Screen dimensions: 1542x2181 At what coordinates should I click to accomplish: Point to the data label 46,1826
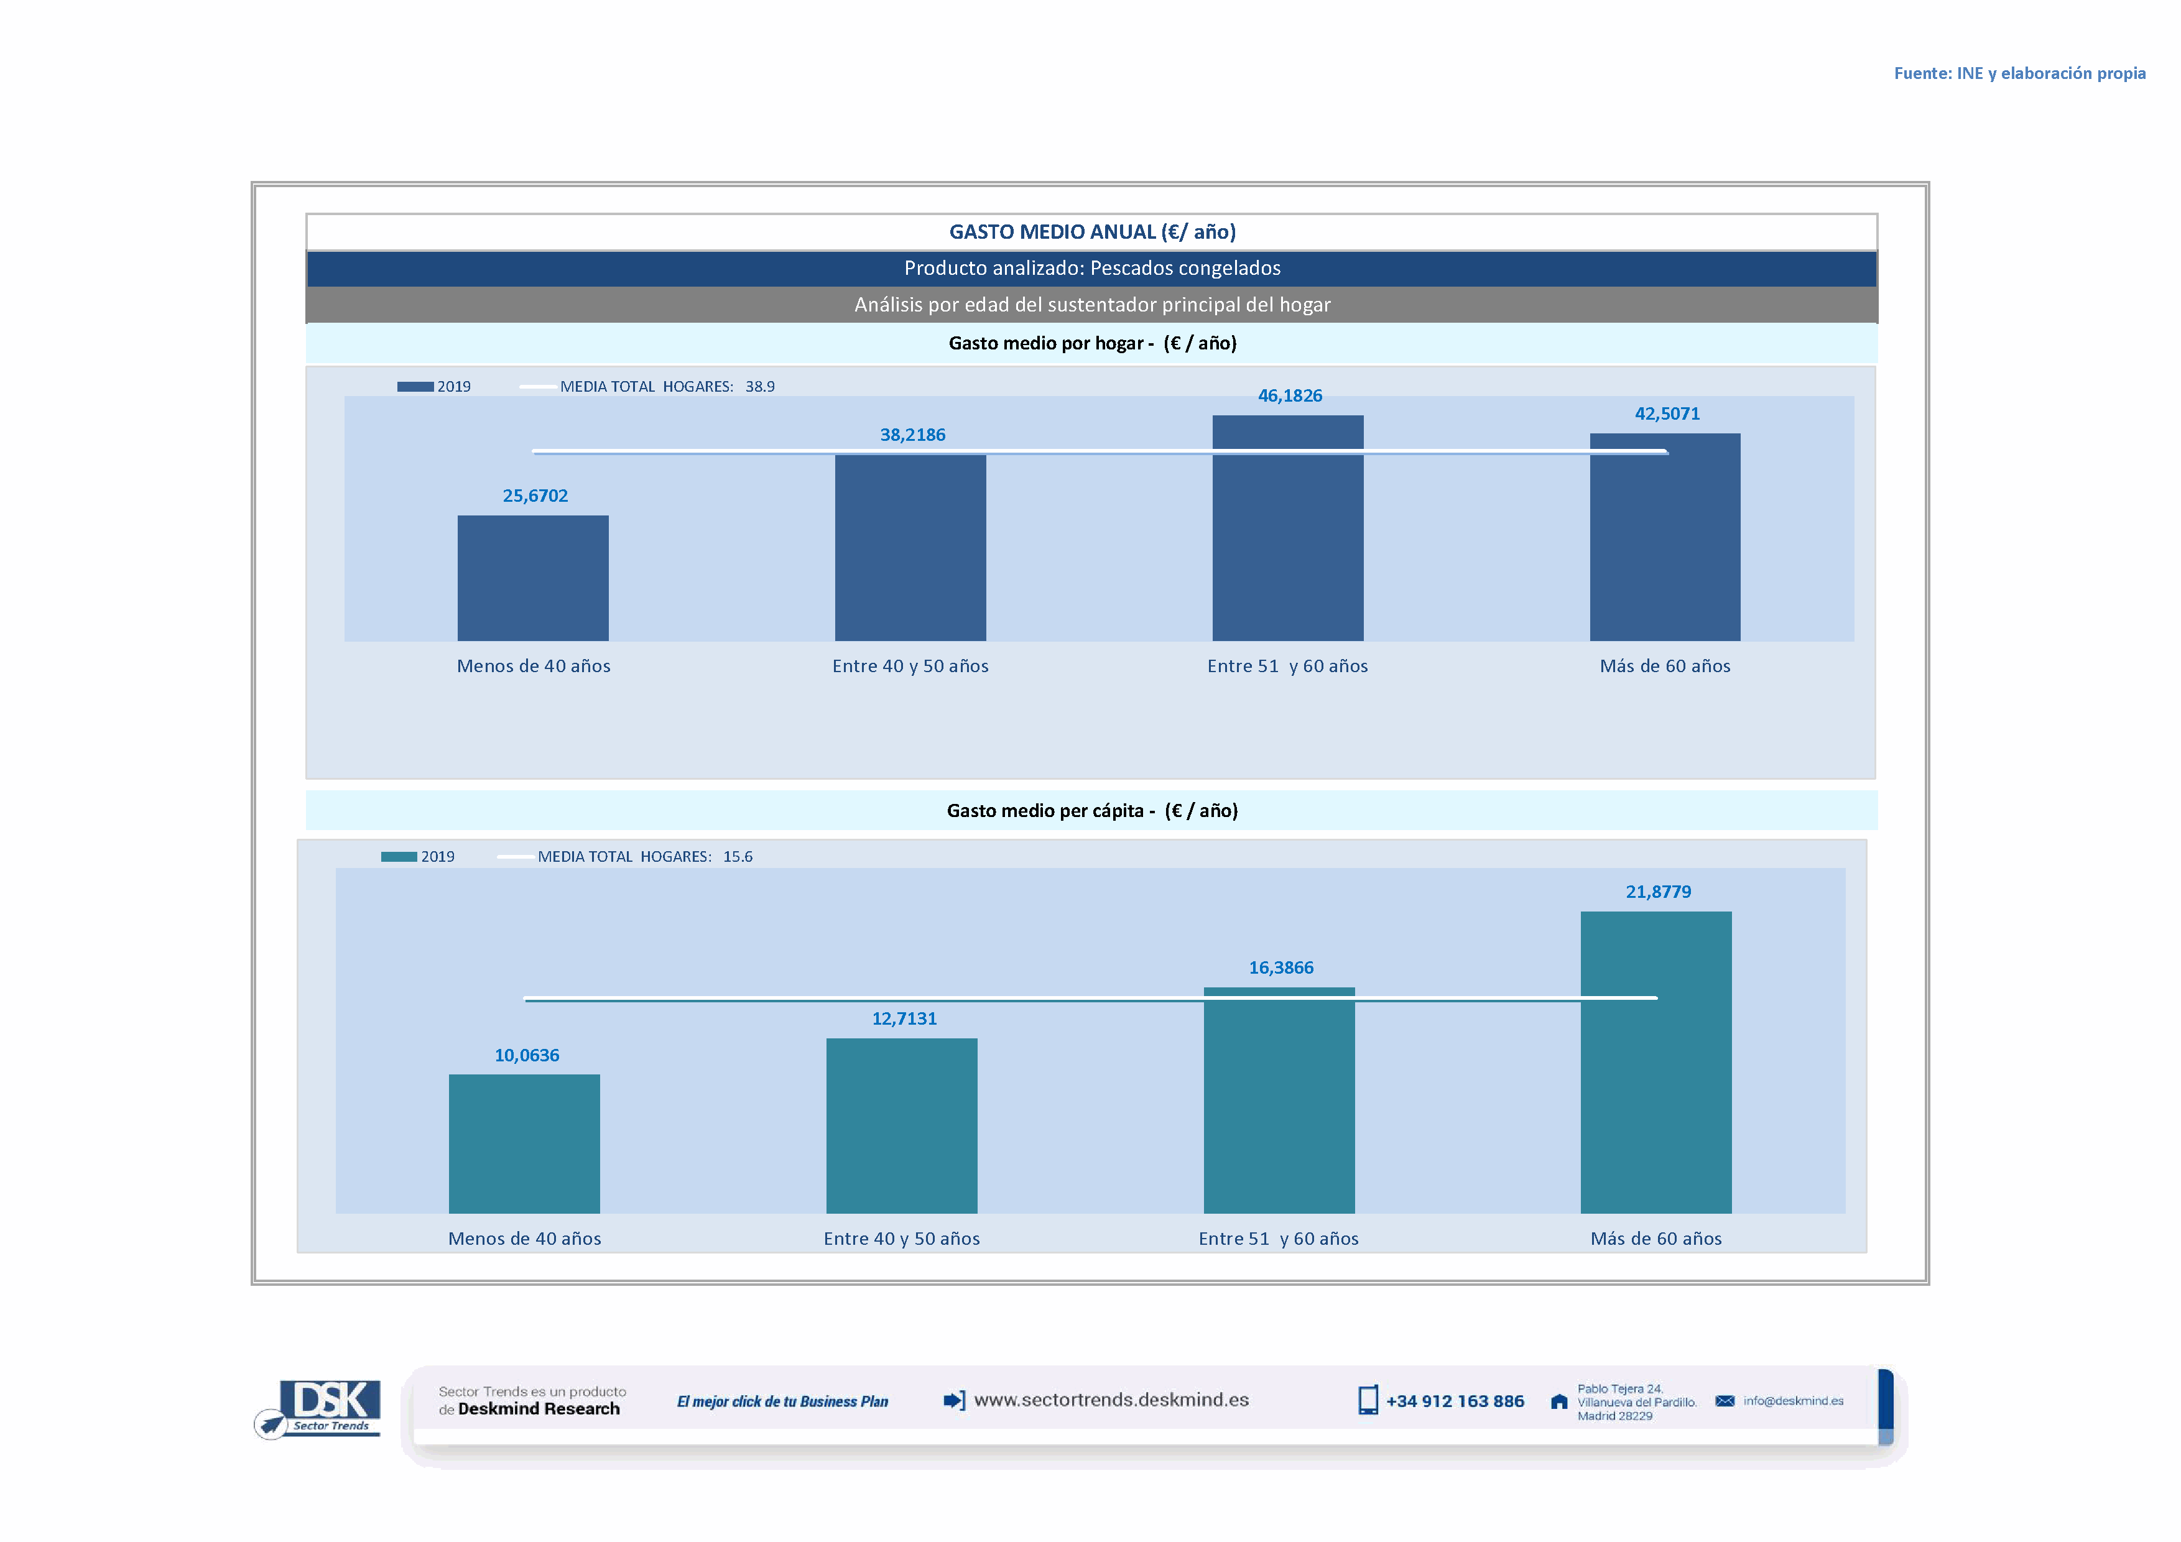[x=1289, y=396]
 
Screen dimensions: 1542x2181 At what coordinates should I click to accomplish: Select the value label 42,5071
[x=1667, y=414]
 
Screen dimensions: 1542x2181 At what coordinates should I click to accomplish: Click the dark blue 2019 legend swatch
[x=415, y=387]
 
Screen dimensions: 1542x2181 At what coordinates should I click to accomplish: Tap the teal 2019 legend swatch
[x=399, y=856]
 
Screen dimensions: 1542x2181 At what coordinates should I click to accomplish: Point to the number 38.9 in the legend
[x=760, y=387]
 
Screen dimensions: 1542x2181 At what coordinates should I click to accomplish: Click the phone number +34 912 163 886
[x=1455, y=1401]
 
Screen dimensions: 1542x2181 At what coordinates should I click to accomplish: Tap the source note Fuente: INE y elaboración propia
[x=2019, y=73]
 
